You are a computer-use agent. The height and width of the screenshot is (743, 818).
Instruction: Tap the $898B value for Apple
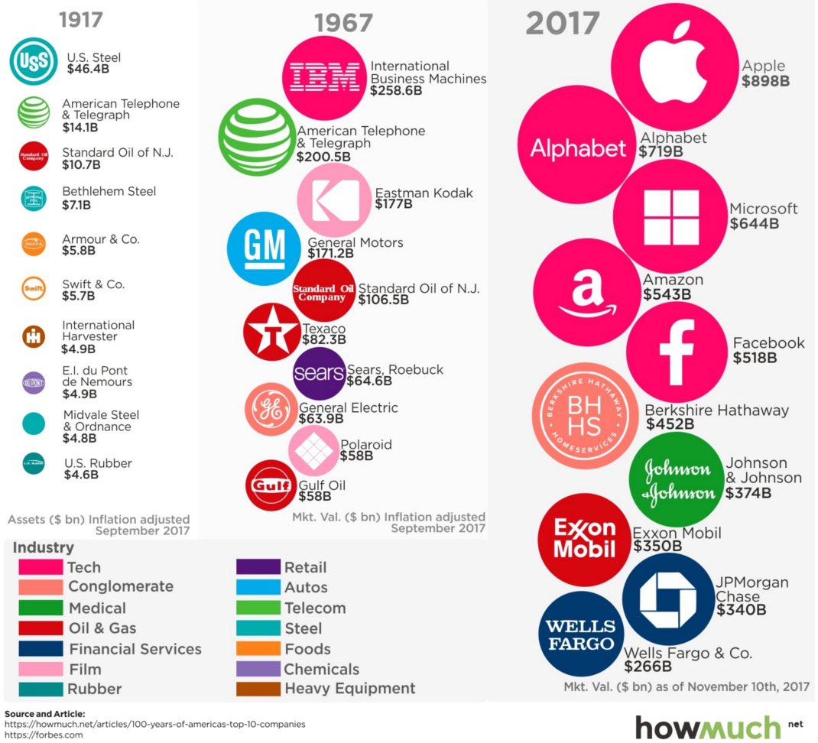coord(764,80)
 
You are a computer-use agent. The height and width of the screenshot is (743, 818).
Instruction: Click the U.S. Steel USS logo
coord(33,61)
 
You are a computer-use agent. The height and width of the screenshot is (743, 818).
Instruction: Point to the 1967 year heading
coord(342,24)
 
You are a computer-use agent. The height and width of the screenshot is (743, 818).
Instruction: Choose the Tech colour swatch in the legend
coord(41,567)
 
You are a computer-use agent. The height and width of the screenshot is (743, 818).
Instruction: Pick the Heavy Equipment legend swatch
coord(258,689)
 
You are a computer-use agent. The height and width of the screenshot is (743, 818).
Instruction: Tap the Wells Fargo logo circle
coord(581,634)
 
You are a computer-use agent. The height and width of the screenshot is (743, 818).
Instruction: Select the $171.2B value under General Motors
coord(330,253)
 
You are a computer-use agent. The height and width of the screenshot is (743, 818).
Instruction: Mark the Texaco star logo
coord(271,331)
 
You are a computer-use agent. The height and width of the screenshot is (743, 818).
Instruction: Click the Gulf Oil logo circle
coord(271,485)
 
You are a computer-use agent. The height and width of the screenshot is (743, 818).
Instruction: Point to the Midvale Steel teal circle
coord(34,424)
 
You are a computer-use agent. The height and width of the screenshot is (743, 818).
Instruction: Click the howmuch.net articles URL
coord(155,723)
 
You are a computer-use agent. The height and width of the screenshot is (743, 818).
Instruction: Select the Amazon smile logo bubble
coord(586,292)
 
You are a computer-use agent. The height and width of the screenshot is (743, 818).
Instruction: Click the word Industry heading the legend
coord(43,547)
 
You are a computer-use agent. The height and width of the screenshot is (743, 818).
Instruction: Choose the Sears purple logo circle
coord(319,373)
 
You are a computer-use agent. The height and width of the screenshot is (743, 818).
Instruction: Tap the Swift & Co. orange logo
coord(34,289)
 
